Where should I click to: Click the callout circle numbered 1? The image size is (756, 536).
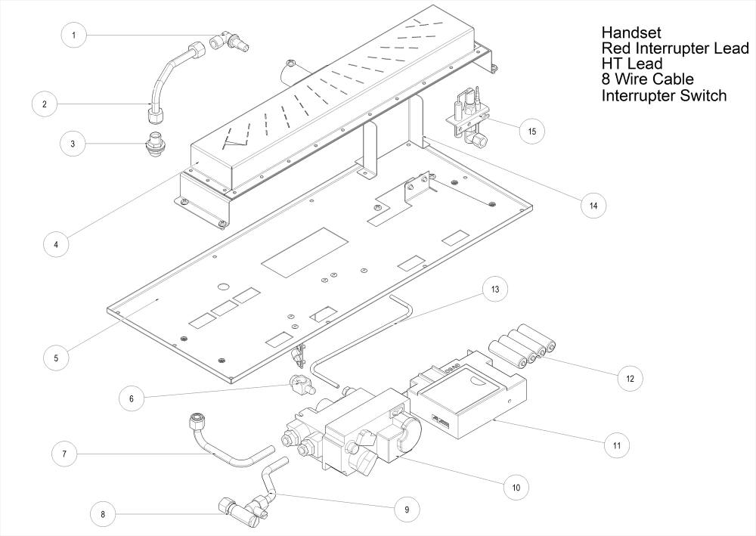tap(73, 35)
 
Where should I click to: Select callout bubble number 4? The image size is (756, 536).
tap(56, 244)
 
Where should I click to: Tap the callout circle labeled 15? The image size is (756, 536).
tap(531, 131)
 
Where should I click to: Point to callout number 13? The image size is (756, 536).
tap(495, 290)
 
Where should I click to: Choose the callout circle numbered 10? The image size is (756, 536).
tap(516, 488)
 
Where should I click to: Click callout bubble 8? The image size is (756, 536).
tap(103, 515)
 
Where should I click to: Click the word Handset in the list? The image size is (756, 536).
tap(631, 33)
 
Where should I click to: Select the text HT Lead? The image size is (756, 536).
tap(632, 64)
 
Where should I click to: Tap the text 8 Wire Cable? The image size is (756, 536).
tap(648, 79)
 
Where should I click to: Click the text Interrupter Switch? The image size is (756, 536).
tap(664, 96)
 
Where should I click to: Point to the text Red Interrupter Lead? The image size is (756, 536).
tap(675, 49)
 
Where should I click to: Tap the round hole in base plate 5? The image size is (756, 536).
tap(223, 287)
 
